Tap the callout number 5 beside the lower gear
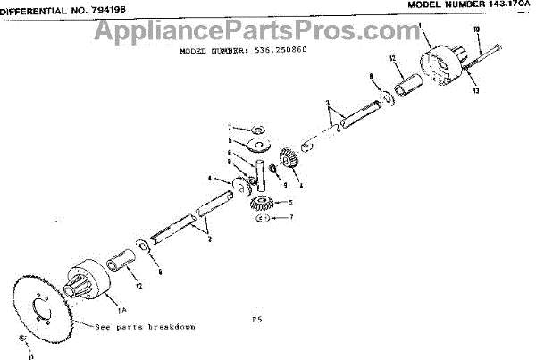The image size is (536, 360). point(289,203)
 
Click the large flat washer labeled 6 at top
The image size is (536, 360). point(260,146)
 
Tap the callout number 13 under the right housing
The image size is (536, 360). point(475,90)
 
